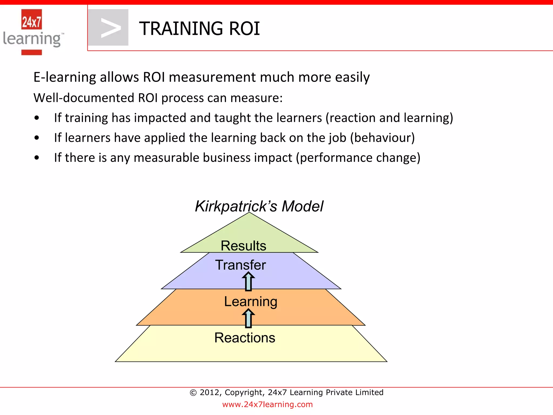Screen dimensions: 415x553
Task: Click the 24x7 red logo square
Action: click(x=32, y=19)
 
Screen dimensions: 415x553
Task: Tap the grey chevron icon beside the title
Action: click(x=109, y=28)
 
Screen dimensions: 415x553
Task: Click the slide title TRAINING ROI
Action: click(x=199, y=29)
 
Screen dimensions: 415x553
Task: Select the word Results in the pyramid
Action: click(x=243, y=246)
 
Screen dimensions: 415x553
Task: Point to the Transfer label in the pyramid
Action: click(x=240, y=265)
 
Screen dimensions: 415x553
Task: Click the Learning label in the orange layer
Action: click(x=251, y=301)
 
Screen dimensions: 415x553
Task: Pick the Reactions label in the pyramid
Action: click(x=245, y=338)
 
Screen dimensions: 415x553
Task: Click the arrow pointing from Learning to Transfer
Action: click(x=248, y=281)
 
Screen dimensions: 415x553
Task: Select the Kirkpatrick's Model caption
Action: click(x=259, y=206)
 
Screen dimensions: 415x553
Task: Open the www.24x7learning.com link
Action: click(x=267, y=404)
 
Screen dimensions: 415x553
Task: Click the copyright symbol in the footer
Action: click(x=193, y=393)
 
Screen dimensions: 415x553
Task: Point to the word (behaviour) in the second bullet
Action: click(x=382, y=138)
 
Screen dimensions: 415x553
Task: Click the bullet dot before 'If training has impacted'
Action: click(x=37, y=118)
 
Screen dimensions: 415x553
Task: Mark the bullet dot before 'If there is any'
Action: click(x=37, y=158)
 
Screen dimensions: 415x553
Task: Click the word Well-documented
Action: click(x=84, y=98)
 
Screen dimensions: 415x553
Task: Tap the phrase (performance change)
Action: click(x=358, y=158)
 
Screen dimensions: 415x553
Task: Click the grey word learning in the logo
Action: click(x=32, y=39)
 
